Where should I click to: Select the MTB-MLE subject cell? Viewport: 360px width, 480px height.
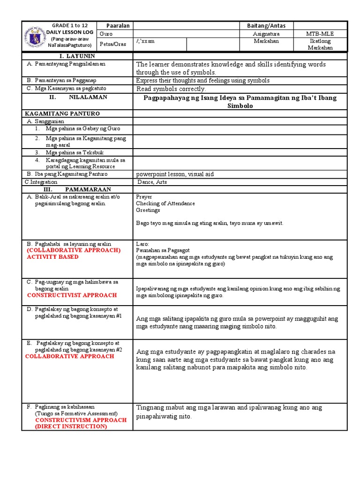coord(321,34)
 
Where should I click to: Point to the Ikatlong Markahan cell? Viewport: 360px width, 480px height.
coord(321,45)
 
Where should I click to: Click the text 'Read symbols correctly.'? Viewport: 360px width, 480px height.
coord(171,89)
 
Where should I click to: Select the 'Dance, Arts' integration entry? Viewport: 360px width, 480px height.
coord(152,182)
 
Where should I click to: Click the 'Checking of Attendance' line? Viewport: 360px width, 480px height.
coord(165,203)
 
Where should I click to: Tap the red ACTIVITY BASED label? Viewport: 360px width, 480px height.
coord(52,257)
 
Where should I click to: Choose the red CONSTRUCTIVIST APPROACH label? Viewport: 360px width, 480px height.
coord(72,295)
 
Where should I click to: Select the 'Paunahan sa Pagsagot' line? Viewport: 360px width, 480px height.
coord(162,251)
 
